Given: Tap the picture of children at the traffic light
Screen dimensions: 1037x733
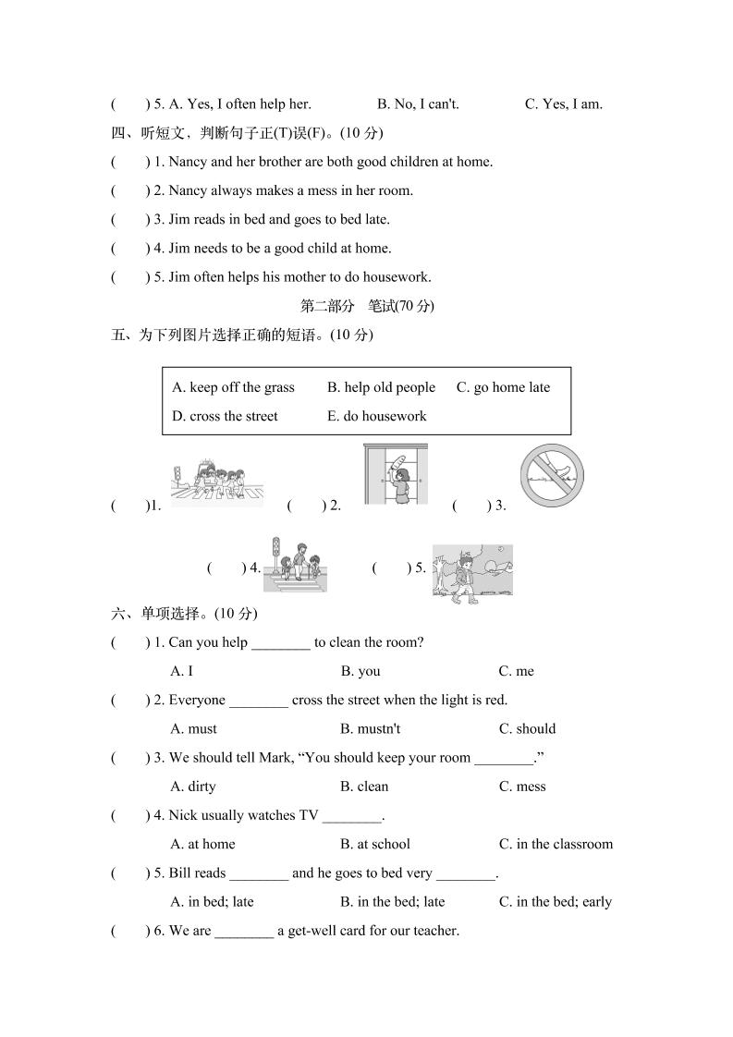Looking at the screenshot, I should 297,565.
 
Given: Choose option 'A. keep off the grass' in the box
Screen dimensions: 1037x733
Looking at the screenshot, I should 233,387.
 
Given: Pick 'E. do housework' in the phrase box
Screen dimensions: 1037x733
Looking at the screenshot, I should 376,416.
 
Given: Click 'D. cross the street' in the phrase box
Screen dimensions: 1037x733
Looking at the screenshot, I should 225,416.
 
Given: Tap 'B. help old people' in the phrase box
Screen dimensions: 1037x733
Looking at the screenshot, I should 381,387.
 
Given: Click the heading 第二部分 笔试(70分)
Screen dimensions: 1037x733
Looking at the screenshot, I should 368,306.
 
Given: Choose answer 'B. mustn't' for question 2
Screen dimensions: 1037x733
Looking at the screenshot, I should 370,728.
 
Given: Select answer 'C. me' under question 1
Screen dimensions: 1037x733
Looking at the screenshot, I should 516,671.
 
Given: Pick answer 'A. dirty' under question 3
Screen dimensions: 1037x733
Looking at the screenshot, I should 193,787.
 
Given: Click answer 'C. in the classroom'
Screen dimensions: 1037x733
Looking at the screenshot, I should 556,844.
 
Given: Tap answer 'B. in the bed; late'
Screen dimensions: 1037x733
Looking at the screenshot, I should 392,902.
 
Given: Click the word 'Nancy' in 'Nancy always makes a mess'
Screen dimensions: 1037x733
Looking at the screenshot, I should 189,190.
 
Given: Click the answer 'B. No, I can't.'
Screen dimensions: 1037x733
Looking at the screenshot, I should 418,104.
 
